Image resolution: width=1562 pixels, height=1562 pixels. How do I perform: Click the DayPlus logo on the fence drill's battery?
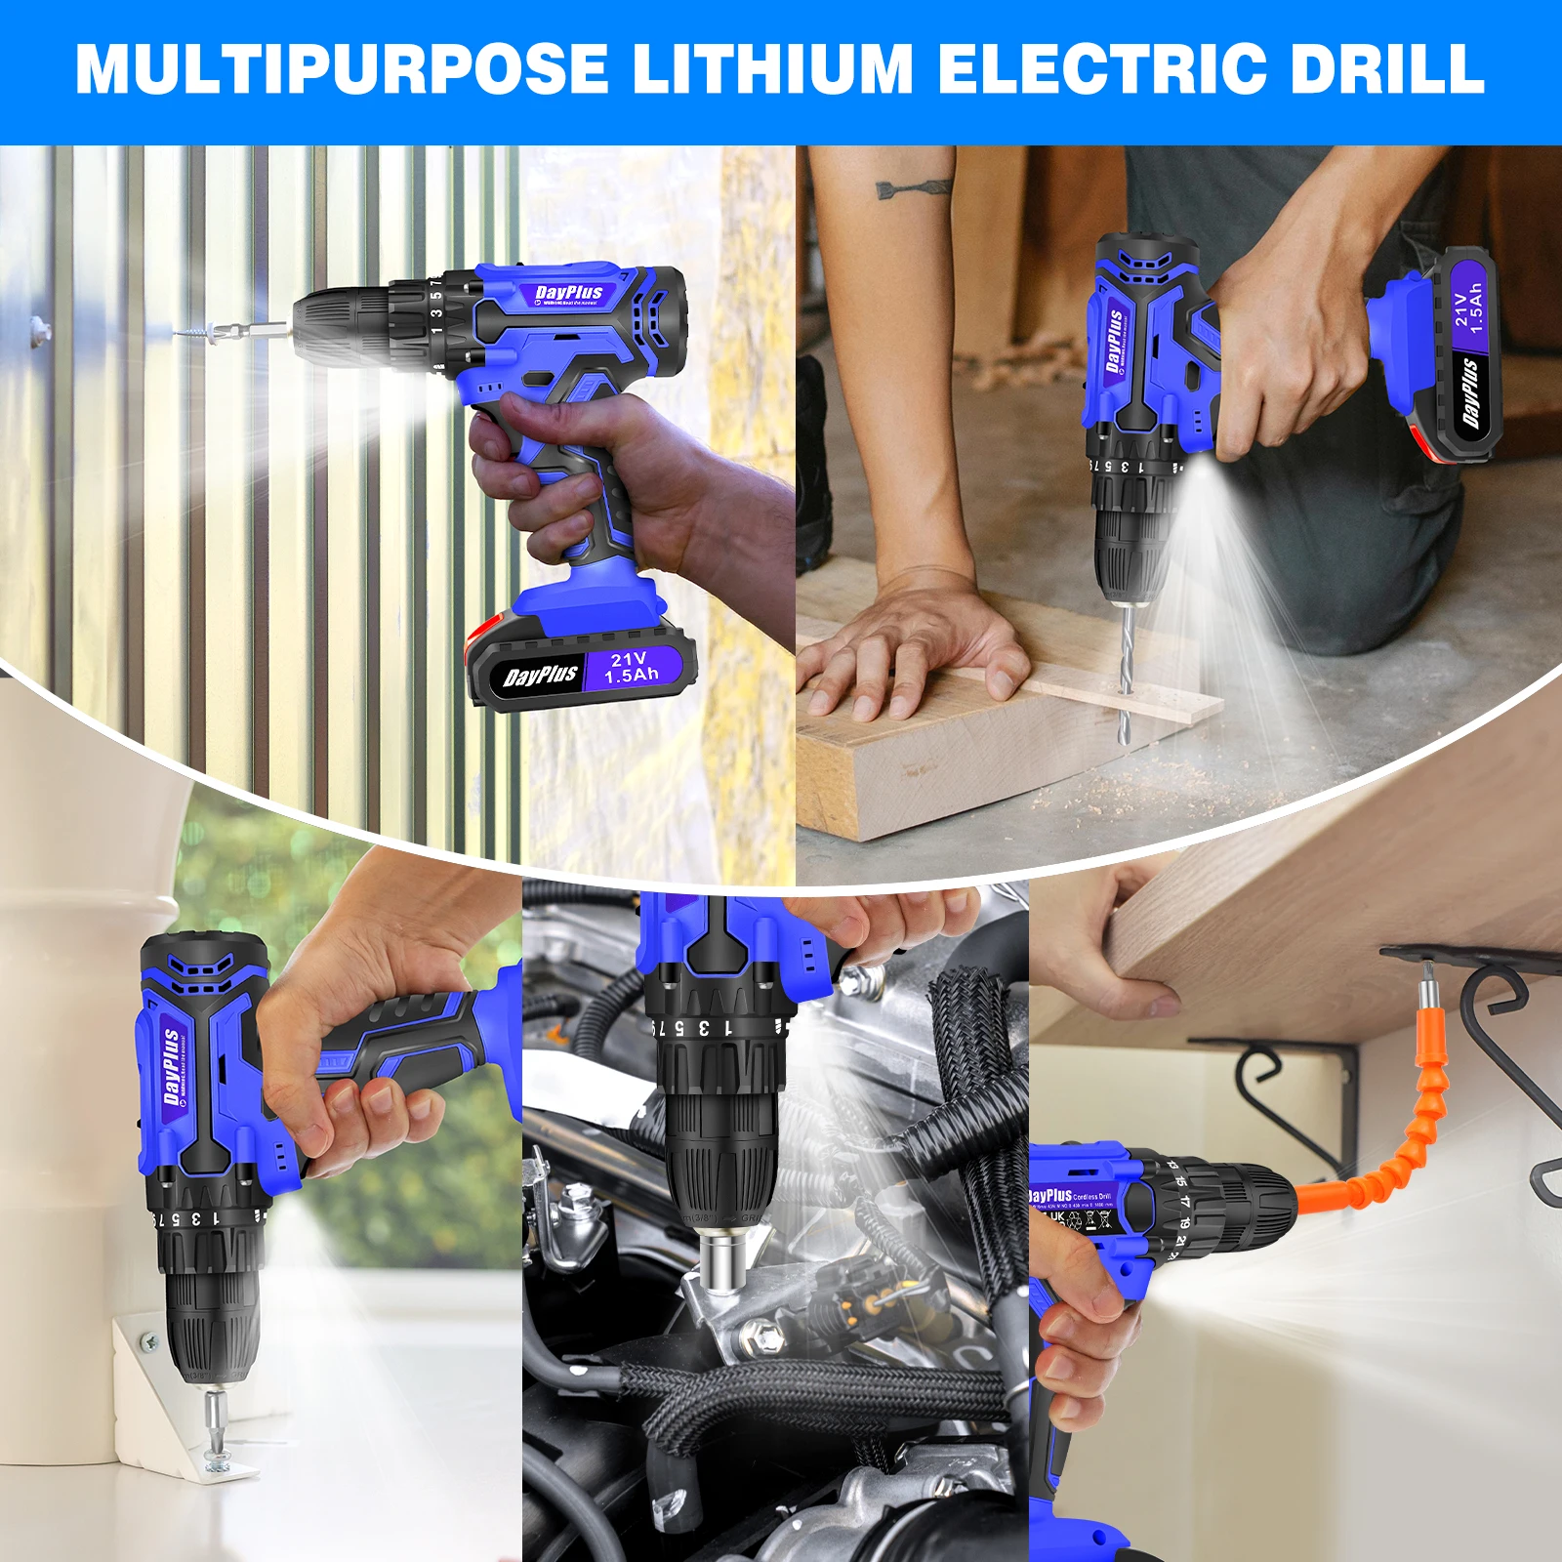[x=540, y=676]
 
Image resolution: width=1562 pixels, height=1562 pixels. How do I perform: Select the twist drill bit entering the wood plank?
[x=1127, y=664]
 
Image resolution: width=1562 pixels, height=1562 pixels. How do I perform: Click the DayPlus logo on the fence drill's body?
[x=569, y=293]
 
